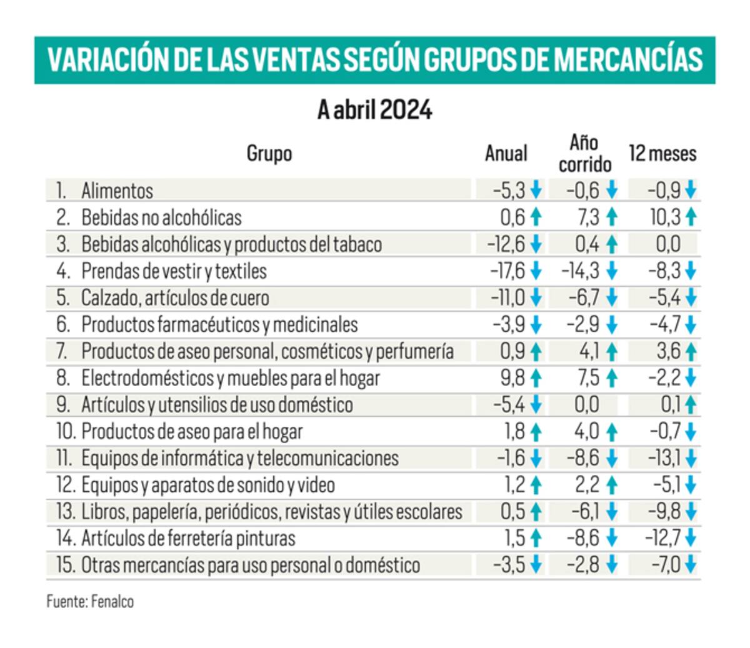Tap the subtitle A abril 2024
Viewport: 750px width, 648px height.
[x=374, y=111]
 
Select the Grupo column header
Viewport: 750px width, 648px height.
[x=269, y=153]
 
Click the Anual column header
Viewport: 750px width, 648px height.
[x=506, y=153]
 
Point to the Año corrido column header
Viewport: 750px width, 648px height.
[x=584, y=153]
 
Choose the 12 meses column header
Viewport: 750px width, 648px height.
[x=662, y=153]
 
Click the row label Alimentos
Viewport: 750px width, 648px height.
[x=117, y=191]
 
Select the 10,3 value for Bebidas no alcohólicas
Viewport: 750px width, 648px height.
[x=665, y=217]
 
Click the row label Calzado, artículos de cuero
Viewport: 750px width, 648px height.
[x=175, y=297]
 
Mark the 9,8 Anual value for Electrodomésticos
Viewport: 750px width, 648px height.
[x=512, y=378]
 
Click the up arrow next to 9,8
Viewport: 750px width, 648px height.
[x=536, y=378]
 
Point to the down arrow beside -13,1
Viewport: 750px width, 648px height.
[x=690, y=459]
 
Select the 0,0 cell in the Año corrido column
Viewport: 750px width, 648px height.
[x=586, y=405]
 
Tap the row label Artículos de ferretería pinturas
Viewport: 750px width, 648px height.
[x=188, y=539]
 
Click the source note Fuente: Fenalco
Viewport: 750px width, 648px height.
[x=90, y=602]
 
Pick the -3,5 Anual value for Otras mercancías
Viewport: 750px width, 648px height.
[x=509, y=566]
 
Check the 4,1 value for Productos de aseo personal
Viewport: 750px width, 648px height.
[x=589, y=351]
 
